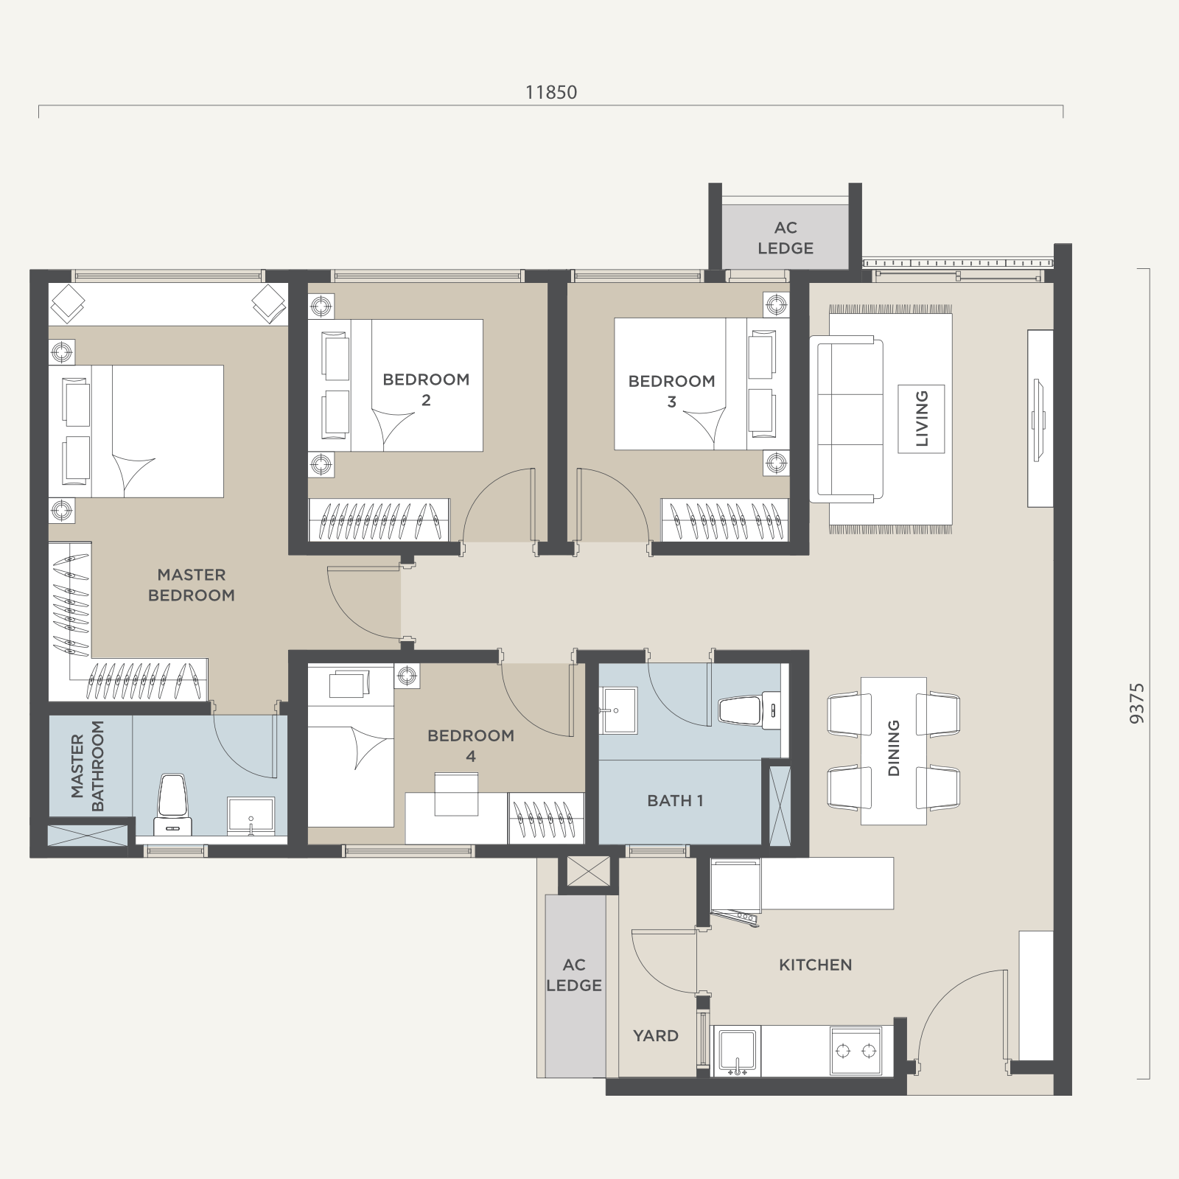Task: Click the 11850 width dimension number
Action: tap(551, 92)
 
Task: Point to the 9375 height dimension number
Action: tap(1137, 703)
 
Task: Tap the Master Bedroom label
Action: tap(192, 584)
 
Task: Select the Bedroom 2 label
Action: tap(426, 390)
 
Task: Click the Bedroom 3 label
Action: tap(671, 391)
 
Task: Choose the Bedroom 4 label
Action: tap(471, 745)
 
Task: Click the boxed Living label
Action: tap(921, 419)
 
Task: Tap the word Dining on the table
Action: tap(894, 748)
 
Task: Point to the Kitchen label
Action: tap(815, 965)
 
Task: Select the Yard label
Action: tap(655, 1035)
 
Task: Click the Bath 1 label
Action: tap(675, 800)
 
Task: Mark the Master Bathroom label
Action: tap(87, 766)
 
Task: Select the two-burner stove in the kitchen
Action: tap(856, 1051)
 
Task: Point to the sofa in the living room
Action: tap(847, 419)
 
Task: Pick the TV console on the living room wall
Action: tap(1040, 419)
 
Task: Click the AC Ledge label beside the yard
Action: tap(574, 975)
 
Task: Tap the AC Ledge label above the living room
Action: tap(786, 238)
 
